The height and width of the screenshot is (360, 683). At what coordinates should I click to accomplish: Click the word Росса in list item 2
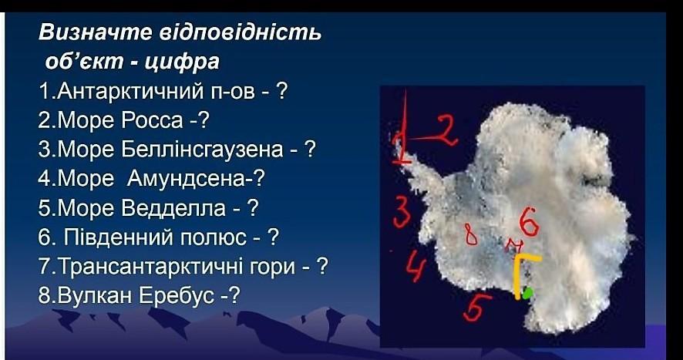point(152,120)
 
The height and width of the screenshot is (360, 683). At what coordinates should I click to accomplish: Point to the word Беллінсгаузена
point(202,150)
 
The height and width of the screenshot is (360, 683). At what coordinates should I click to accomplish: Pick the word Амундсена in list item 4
point(186,179)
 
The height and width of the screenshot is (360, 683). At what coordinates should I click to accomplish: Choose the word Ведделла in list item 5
point(173,208)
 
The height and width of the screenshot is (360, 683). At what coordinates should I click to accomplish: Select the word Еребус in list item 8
point(177,295)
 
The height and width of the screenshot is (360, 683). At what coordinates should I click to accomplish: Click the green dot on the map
point(527,293)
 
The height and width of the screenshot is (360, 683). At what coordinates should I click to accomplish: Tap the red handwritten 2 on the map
point(443,131)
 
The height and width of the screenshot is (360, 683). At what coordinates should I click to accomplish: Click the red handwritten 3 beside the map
point(402,212)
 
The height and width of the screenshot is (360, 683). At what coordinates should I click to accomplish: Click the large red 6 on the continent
point(529,221)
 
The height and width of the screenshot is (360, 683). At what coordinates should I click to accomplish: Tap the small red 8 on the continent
point(470,235)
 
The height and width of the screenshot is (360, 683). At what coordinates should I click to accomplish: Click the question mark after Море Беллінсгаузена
point(309,150)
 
